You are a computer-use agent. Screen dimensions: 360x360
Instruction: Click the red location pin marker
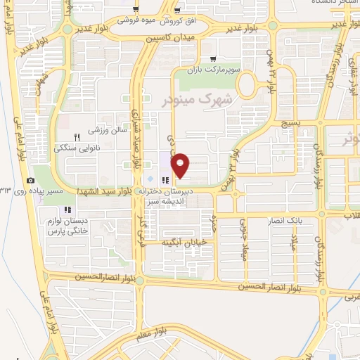tap(181, 166)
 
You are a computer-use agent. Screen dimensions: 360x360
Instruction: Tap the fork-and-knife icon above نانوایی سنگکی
tap(78, 136)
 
